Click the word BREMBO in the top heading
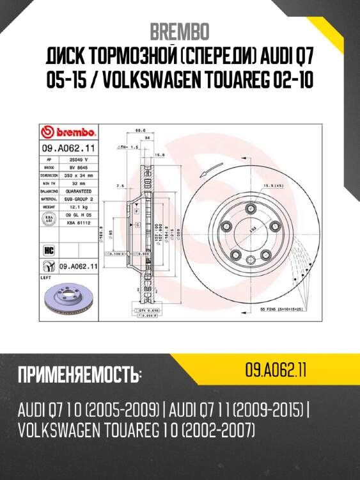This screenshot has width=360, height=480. [x=179, y=31]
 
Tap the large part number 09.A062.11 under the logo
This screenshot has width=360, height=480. [x=70, y=147]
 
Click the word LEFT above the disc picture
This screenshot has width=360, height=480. [x=45, y=278]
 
